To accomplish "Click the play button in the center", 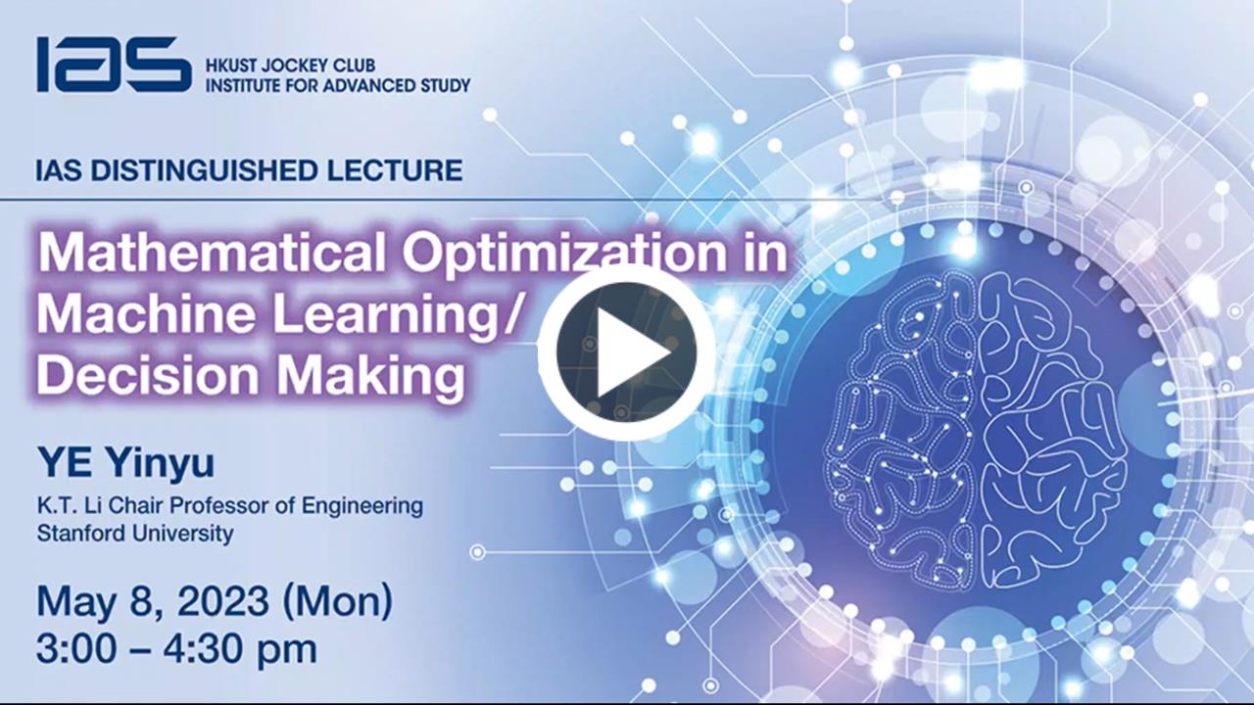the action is (626, 352).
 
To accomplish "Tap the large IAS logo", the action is (115, 65).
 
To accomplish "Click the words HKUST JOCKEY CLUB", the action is (291, 66).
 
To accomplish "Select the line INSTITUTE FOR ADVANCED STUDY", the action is (338, 85).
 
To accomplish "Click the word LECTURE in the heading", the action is (395, 170).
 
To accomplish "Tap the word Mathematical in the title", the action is (212, 253).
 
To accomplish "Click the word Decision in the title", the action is (148, 374).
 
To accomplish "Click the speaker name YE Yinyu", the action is (126, 464).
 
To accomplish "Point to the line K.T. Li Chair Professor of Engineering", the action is (230, 506).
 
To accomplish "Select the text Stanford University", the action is (135, 534).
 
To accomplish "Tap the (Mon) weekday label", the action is (338, 602).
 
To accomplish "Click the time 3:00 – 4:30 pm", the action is (177, 648).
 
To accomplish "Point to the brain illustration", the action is (977, 431).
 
